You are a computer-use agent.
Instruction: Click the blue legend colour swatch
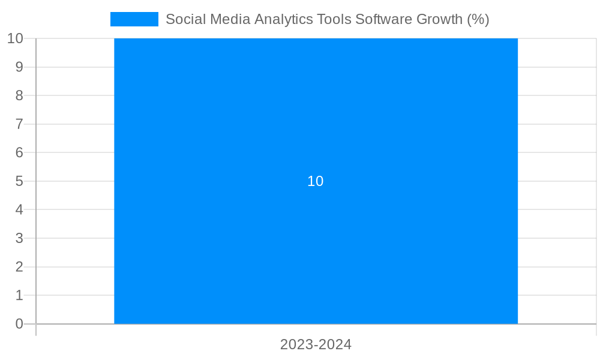coord(134,19)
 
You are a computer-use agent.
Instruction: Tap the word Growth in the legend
coord(437,19)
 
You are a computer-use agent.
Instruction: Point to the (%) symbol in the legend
coord(478,19)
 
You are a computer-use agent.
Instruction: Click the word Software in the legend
coord(382,19)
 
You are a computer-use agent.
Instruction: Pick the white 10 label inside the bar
coord(315,181)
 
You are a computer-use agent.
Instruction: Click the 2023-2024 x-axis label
coord(316,344)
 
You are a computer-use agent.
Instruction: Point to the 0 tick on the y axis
coord(19,324)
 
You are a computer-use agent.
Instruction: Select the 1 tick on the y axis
coord(19,295)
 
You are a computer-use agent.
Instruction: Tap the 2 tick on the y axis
coord(19,267)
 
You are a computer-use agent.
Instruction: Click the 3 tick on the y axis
coord(19,238)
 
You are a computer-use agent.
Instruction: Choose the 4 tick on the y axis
coord(19,209)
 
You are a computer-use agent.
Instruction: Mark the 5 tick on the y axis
coord(19,181)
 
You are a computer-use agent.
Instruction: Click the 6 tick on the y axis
coord(19,152)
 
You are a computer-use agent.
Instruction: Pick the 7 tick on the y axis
coord(19,124)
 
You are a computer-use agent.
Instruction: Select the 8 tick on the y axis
coord(19,95)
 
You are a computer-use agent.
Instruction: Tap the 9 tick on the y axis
coord(19,67)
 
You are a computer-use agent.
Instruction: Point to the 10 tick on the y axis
coord(15,38)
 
